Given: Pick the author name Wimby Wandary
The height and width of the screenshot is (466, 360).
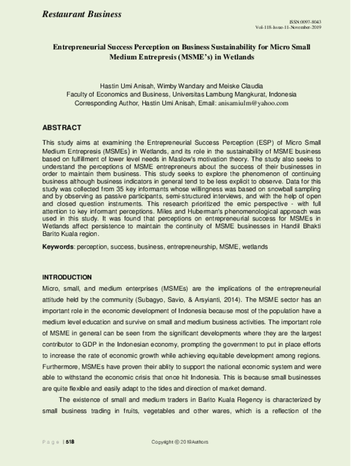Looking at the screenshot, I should click(x=174, y=86).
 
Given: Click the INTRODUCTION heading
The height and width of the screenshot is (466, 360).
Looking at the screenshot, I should click(x=67, y=277).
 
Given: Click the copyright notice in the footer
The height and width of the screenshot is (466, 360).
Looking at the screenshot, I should click(x=179, y=442).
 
